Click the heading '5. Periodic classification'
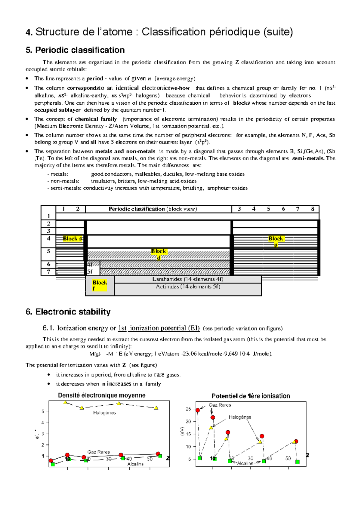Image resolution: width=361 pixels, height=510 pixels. point(75,50)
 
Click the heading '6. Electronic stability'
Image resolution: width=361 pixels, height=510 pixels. point(68,312)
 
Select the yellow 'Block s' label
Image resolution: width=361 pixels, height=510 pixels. point(72,238)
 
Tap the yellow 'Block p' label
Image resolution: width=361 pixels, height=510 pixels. point(276,241)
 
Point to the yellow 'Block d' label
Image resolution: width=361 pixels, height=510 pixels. point(159,254)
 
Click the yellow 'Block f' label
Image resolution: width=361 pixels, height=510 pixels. point(100,285)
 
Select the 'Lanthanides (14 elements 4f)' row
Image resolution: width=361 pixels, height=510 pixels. point(188,279)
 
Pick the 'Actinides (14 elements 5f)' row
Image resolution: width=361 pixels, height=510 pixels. point(188,287)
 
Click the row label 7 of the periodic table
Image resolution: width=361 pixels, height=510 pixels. point(48,272)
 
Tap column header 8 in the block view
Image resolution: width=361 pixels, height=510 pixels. point(313,209)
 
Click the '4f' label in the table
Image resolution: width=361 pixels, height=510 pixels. point(90,265)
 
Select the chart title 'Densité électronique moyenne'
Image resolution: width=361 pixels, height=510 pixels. point(102,395)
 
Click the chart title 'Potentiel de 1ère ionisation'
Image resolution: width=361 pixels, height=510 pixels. point(251,396)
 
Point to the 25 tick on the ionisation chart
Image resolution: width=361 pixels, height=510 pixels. point(188,409)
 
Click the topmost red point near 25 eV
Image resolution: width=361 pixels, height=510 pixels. point(198,410)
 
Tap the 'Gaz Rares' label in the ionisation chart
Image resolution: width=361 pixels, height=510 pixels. point(220,405)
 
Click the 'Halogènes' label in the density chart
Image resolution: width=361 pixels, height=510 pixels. point(104,413)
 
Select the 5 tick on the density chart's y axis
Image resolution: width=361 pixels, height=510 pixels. point(43,411)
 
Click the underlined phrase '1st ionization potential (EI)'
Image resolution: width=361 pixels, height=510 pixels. point(159,328)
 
